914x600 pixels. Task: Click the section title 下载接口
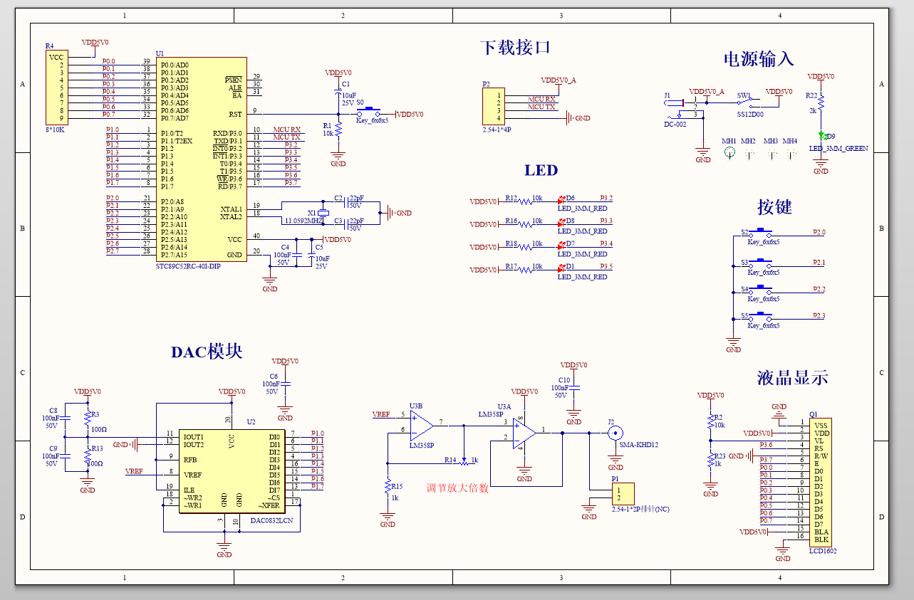(x=515, y=48)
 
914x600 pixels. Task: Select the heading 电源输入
(x=758, y=59)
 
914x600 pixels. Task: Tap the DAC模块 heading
(x=207, y=352)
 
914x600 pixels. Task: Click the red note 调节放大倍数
(x=457, y=488)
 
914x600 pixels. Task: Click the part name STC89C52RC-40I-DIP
(x=188, y=265)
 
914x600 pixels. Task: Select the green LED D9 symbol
(x=821, y=135)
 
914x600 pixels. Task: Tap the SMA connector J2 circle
(x=615, y=432)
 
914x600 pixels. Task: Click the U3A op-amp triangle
(x=524, y=431)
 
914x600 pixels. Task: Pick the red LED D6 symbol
(x=561, y=199)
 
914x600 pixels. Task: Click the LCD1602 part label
(x=823, y=551)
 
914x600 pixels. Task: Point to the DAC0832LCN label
(x=271, y=520)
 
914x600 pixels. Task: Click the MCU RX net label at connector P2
(x=541, y=99)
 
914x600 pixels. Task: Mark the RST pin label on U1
(x=234, y=114)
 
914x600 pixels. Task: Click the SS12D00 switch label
(x=749, y=114)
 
